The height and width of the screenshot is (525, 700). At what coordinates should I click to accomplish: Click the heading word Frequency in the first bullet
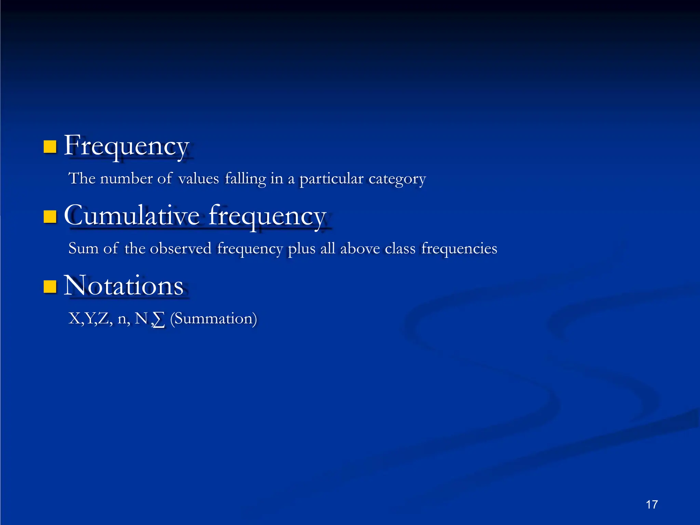126,146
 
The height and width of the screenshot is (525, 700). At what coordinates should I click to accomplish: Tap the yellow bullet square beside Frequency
50,147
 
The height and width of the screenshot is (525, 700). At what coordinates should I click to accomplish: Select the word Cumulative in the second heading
132,216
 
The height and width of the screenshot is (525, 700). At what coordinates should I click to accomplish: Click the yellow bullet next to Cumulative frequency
50,217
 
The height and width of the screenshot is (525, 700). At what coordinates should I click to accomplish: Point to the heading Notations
123,286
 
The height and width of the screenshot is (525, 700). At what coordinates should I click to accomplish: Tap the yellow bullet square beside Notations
50,287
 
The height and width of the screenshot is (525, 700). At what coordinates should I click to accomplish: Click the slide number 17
652,504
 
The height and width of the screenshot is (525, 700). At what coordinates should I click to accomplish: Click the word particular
331,179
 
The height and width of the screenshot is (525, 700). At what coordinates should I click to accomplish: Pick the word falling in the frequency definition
245,179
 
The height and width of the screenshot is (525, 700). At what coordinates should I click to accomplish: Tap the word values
199,179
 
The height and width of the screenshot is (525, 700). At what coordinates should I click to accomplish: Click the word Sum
83,248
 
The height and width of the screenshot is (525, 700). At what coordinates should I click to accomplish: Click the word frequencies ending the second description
459,249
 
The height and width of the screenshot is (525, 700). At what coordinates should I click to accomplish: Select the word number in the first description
126,179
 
